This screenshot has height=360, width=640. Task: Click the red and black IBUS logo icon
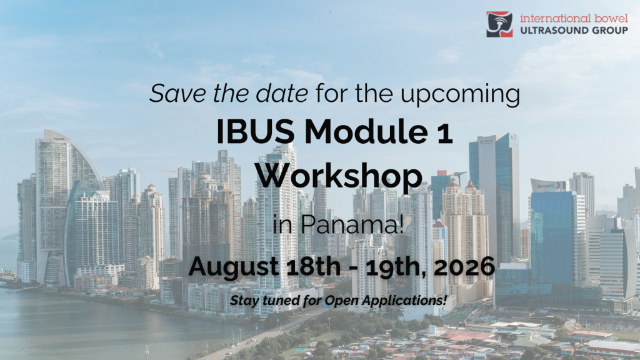pyautogui.click(x=499, y=24)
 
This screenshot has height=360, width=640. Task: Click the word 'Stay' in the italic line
pyautogui.click(x=242, y=301)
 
